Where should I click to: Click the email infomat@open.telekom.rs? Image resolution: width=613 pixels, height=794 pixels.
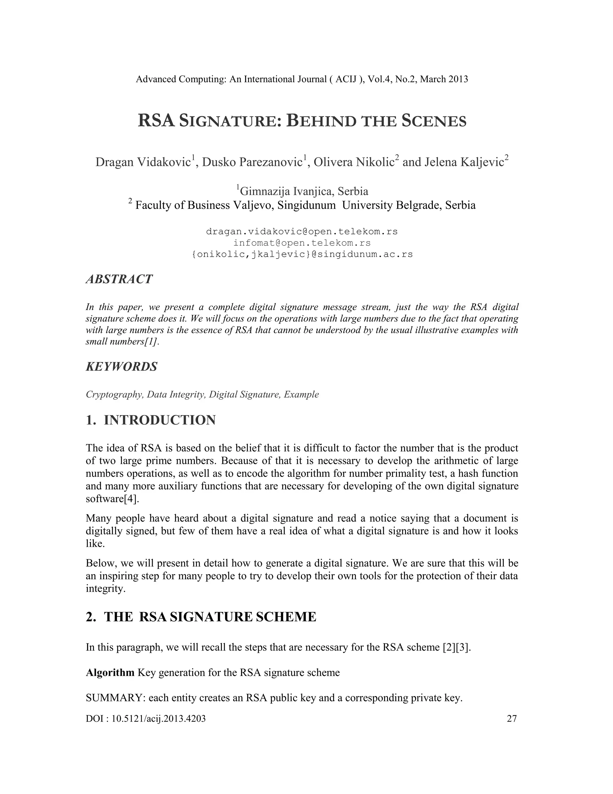coord(302,242)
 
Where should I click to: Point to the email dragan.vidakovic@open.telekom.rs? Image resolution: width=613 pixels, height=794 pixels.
coord(302,231)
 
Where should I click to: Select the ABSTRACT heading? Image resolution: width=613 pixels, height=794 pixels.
coord(119,279)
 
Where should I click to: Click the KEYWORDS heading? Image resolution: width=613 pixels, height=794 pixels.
coord(122,366)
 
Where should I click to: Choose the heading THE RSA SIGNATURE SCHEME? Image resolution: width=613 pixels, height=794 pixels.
coord(210,617)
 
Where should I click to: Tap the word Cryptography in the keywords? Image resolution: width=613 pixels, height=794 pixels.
coord(114,395)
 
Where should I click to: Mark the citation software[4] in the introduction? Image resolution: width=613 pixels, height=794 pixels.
coord(112,499)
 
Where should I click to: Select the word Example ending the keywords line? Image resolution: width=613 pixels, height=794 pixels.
coord(301,395)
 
